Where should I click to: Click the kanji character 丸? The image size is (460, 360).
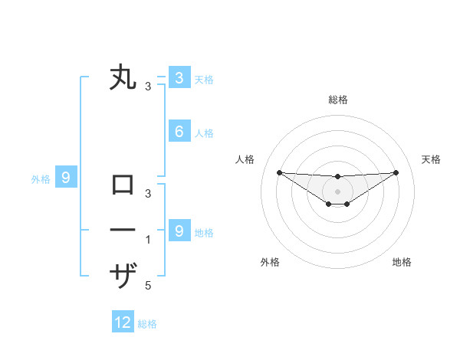coord(123,78)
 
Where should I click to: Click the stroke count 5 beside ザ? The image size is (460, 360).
coord(148,286)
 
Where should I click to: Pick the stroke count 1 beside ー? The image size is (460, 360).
coord(148,240)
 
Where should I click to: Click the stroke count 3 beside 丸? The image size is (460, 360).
coord(148,87)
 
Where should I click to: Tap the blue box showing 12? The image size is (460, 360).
coord(123,322)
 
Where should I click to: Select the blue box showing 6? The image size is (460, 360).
coord(179,132)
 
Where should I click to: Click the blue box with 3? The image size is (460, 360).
coord(179,77)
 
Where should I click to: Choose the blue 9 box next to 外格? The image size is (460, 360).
coord(66,178)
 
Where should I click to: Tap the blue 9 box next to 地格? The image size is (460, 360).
coord(179,231)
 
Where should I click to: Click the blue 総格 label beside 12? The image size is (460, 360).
coord(148,324)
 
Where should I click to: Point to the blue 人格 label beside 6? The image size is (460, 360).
coord(204,133)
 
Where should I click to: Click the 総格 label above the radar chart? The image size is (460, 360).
coord(337,100)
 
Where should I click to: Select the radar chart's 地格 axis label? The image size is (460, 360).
coord(402,262)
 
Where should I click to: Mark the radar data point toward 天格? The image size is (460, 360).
coord(396,172)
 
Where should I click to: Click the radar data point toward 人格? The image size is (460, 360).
coord(279,172)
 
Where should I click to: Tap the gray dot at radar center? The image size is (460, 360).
coord(337,191)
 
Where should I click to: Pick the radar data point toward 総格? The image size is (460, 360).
coord(337,177)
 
